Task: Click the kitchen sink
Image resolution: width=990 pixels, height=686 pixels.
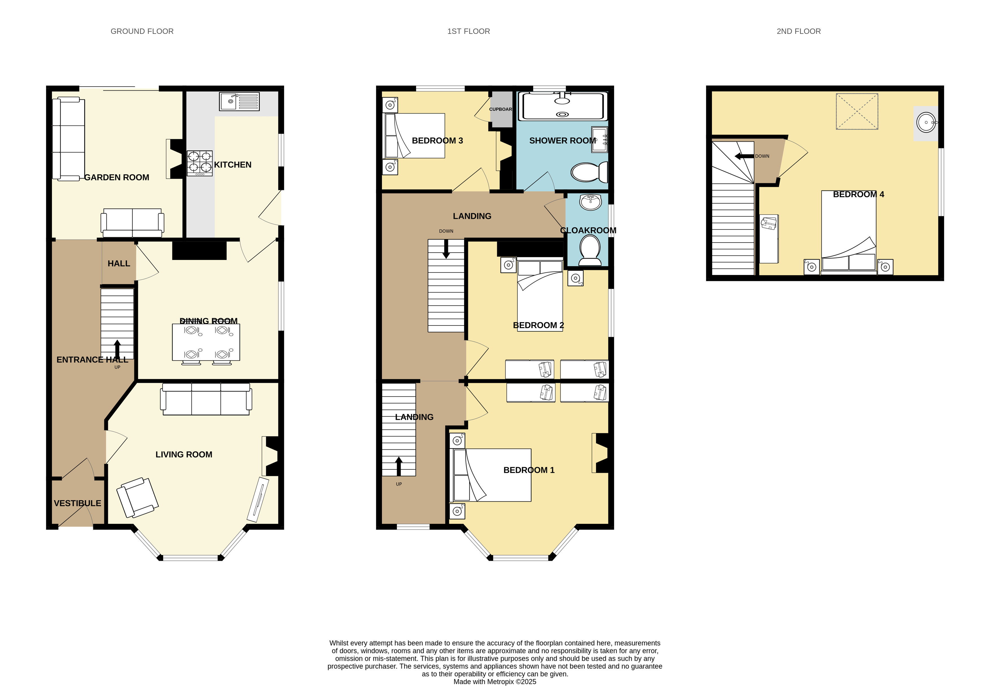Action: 239,101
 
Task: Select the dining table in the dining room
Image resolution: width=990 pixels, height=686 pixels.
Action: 206,342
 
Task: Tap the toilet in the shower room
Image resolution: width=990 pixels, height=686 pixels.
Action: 589,172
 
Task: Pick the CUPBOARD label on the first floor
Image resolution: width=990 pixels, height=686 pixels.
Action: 501,109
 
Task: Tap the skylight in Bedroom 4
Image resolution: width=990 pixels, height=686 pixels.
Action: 857,111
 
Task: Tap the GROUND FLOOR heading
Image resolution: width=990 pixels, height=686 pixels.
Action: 142,31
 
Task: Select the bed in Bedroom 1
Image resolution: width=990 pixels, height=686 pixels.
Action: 490,475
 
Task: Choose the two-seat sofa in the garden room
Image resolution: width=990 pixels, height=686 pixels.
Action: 132,223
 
